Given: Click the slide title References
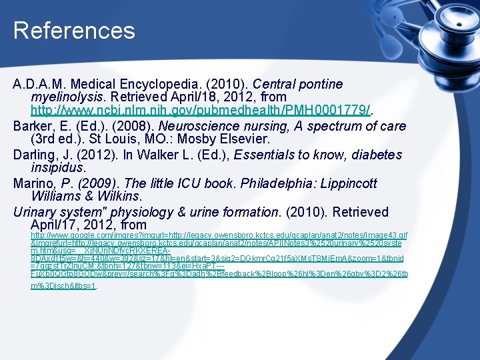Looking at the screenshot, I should [74, 31].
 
